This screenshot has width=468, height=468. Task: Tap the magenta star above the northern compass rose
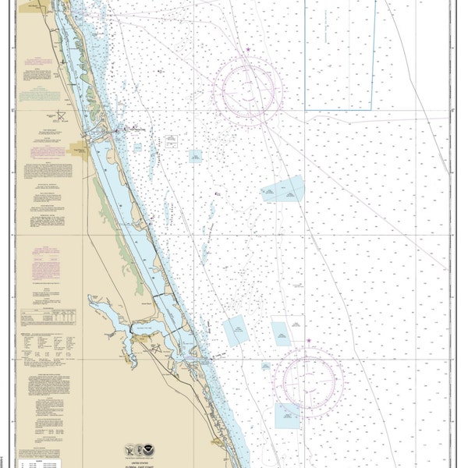248,51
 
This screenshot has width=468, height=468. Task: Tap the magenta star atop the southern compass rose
310,342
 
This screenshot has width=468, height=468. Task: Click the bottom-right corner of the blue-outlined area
372,109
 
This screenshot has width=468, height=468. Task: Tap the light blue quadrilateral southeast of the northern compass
282,189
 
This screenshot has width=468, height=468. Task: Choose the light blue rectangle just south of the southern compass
286,416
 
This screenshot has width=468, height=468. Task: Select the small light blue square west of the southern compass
235,332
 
